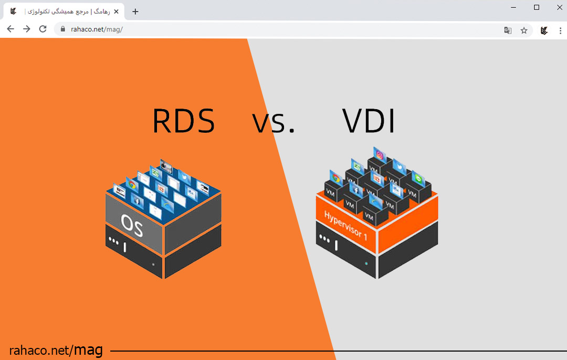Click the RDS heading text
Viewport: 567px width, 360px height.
click(x=184, y=122)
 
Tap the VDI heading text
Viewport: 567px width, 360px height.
click(x=369, y=121)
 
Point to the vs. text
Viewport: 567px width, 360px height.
click(x=274, y=123)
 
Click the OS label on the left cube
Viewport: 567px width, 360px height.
click(x=132, y=223)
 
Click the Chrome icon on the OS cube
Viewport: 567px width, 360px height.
click(x=131, y=185)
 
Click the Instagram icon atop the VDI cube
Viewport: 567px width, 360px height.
click(x=380, y=156)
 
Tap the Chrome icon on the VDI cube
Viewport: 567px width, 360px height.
click(x=335, y=177)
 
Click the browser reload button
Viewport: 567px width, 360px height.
click(x=43, y=29)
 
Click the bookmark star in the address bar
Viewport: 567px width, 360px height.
click(x=524, y=30)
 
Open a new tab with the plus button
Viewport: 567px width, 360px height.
click(x=135, y=12)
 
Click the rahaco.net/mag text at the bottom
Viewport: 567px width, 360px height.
click(x=56, y=350)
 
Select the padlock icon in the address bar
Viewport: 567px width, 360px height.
click(x=62, y=30)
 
